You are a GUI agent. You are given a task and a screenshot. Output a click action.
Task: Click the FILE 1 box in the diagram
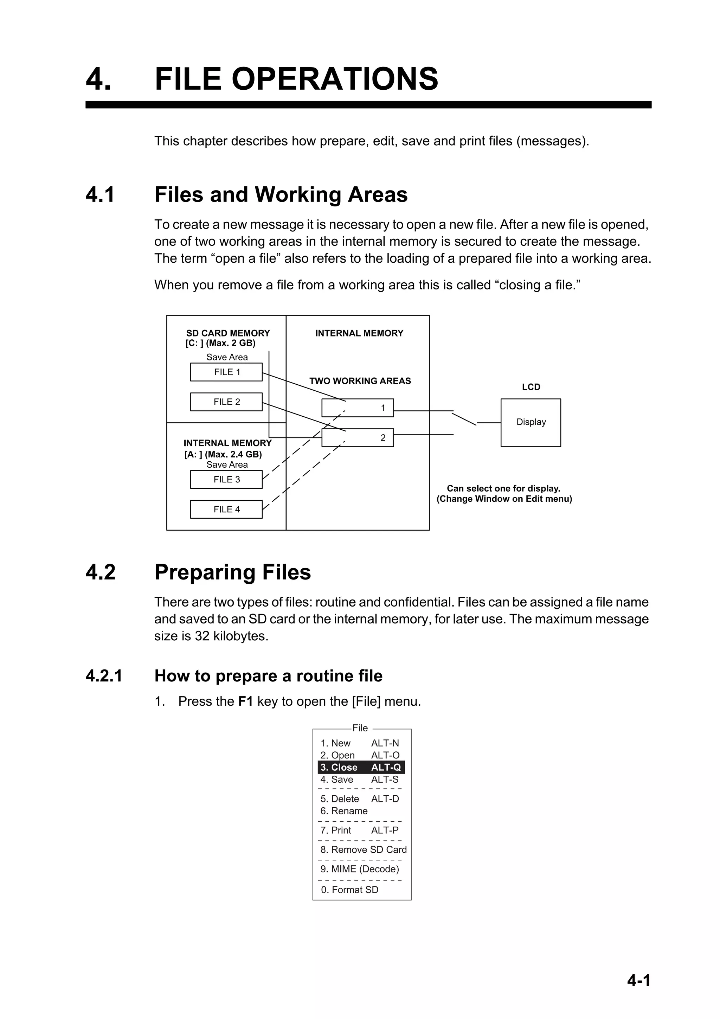(x=226, y=372)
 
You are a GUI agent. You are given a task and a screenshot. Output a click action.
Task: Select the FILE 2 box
(x=226, y=402)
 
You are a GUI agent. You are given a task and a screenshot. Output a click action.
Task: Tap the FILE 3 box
(x=226, y=479)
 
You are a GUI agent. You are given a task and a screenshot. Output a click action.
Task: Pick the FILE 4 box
(x=226, y=509)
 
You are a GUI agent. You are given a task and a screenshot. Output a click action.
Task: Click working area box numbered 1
(x=358, y=408)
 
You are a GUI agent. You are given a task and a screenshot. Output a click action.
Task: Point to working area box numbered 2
(x=358, y=438)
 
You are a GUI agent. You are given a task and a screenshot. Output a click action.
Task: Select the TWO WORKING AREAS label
(x=360, y=381)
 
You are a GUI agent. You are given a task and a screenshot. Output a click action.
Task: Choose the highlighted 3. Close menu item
(x=361, y=767)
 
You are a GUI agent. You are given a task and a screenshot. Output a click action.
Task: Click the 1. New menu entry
(x=335, y=743)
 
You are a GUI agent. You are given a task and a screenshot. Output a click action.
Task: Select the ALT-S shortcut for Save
(x=385, y=779)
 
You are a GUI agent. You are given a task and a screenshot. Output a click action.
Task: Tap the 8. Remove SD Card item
(x=363, y=850)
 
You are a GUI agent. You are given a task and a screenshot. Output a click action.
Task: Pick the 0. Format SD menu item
(x=349, y=890)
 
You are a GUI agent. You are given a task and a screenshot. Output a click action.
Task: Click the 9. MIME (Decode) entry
(x=360, y=869)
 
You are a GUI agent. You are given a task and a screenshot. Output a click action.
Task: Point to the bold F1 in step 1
(x=245, y=701)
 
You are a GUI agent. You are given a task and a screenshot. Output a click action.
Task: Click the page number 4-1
(x=638, y=980)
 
